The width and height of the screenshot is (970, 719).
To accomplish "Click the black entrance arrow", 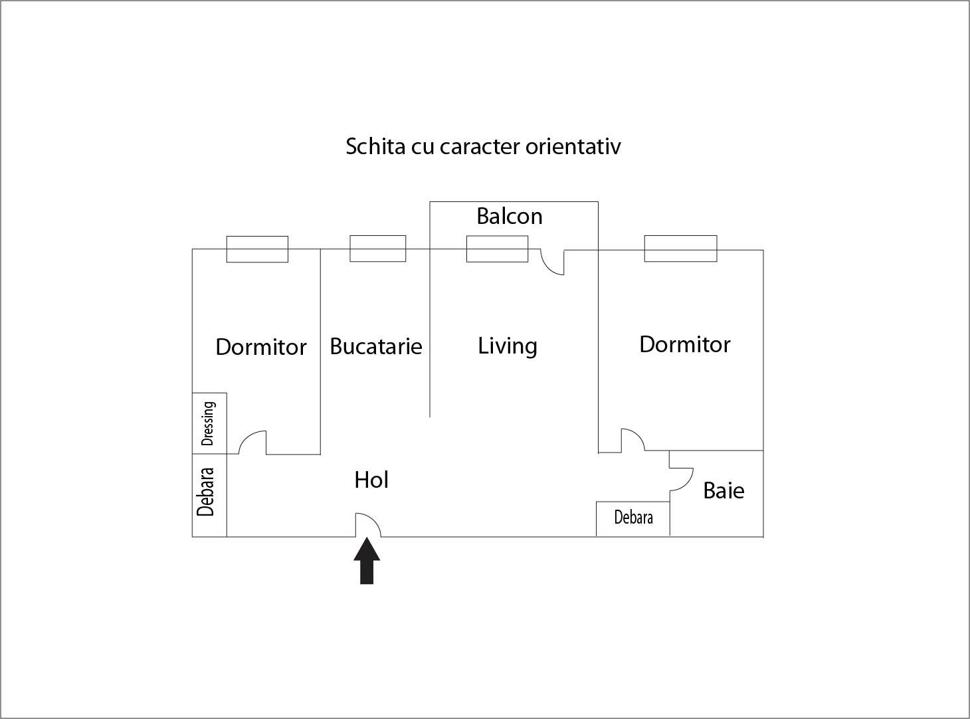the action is [367, 561].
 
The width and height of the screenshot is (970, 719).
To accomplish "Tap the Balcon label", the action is [510, 216].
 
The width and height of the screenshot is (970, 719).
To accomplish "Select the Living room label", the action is [508, 346].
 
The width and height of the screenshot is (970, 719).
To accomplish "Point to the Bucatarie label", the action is [375, 347].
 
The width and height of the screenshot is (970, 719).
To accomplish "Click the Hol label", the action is [371, 480].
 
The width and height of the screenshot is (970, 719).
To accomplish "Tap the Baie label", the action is [724, 490].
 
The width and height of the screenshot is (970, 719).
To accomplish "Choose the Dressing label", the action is [208, 423].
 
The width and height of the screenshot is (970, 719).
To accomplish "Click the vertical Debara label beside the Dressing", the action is [205, 492].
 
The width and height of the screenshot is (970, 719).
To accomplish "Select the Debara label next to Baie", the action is [633, 517].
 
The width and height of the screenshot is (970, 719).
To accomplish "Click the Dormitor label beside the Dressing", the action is [261, 347].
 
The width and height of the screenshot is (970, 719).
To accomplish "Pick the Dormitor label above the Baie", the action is [685, 344].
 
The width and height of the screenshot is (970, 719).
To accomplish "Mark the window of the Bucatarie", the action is [378, 249].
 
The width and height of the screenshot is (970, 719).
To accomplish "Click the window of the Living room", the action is [497, 249].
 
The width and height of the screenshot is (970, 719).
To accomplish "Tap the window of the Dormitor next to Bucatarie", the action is [257, 249].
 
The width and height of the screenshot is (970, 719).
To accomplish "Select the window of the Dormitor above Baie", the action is [680, 249].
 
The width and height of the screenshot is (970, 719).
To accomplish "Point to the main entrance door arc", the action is [368, 525].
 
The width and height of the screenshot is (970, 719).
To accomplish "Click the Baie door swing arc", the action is [682, 479].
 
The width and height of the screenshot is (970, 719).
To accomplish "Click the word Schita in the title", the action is [375, 146].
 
